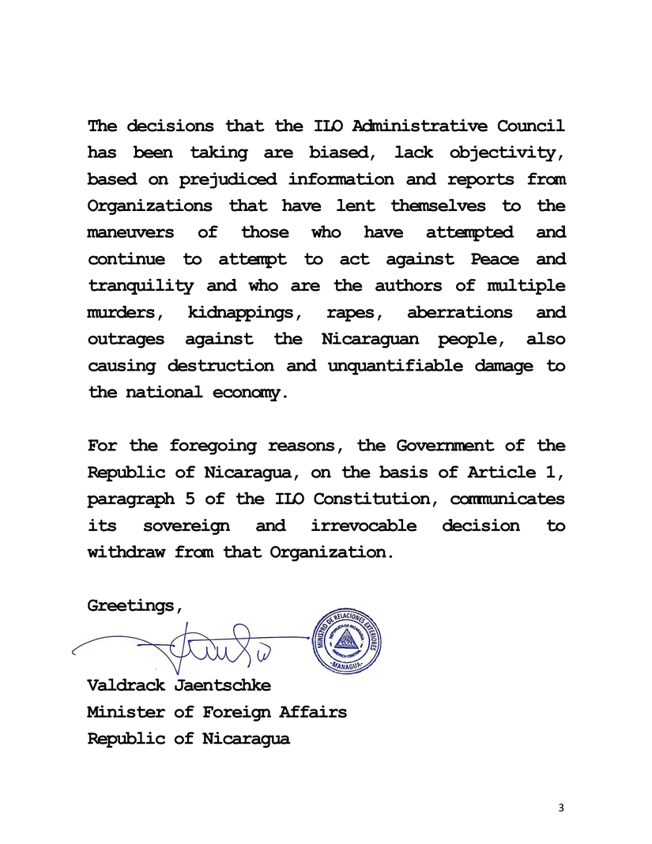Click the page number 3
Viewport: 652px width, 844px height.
[x=561, y=807]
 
